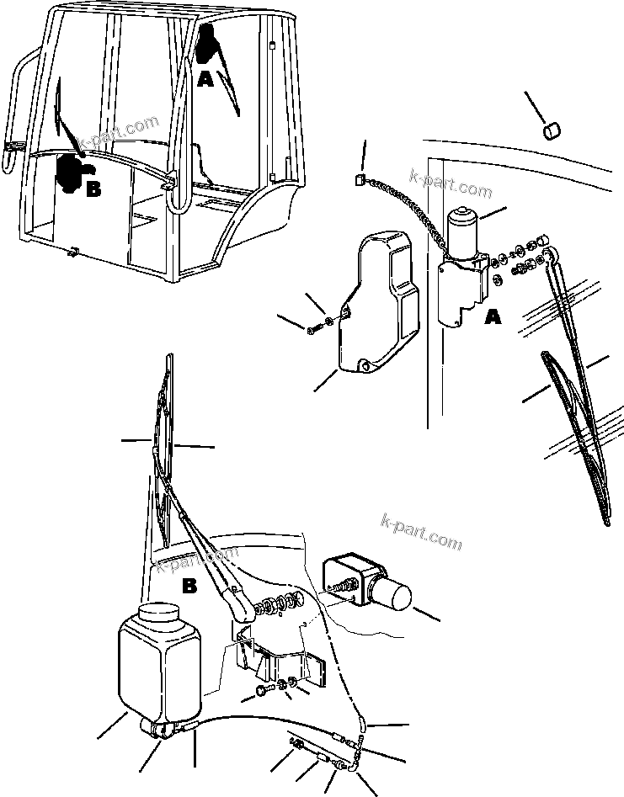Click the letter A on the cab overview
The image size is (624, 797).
205,81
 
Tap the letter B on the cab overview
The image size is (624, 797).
93,189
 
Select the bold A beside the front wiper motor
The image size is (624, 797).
493,317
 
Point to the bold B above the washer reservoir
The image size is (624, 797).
189,586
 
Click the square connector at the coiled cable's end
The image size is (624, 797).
358,178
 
